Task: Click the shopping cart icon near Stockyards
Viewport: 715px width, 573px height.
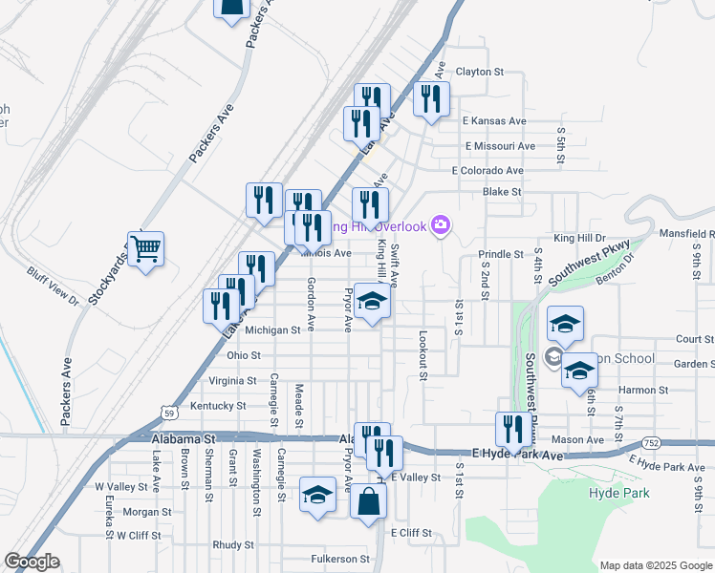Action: tap(145, 250)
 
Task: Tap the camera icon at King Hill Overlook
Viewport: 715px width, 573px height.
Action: tap(441, 225)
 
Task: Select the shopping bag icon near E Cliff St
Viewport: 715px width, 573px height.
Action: tap(368, 501)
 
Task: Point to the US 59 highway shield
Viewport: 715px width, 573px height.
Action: tap(168, 413)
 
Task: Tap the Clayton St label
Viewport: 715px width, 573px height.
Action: tap(479, 72)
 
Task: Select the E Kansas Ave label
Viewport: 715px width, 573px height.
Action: tap(494, 121)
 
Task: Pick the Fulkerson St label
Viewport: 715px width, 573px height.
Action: tap(339, 559)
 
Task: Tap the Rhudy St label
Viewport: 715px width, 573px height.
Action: tap(232, 544)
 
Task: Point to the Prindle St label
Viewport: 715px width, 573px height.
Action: tap(501, 255)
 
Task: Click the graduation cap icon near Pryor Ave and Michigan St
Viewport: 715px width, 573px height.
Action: tap(372, 302)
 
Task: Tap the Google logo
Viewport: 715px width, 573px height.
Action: tap(31, 562)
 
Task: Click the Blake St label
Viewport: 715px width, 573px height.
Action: tap(502, 191)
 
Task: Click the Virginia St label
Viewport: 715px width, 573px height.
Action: tap(232, 380)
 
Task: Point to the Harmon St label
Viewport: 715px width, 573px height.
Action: tap(642, 390)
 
